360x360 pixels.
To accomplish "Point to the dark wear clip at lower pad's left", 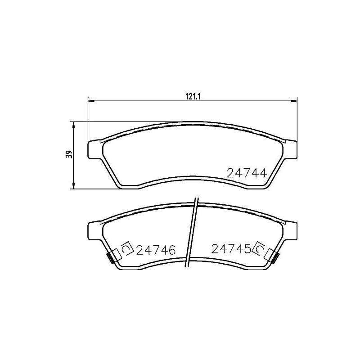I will pos(109,258).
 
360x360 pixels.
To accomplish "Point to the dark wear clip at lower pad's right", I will pos(275,258).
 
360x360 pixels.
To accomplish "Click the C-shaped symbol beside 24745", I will pos(259,248).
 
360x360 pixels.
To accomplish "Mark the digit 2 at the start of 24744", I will pos(231,173).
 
